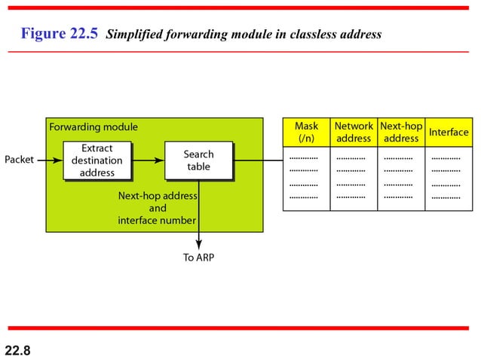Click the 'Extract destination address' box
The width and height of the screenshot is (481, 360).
[97, 160]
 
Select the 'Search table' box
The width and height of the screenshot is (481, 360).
[198, 160]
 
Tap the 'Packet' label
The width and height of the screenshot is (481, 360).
[19, 160]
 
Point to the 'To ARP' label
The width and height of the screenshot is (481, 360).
[199, 258]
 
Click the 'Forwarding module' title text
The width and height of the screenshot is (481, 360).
[93, 127]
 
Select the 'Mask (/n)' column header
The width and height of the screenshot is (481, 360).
[306, 133]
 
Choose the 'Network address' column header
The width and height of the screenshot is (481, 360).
[354, 133]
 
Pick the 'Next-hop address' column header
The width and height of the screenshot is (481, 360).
[400, 133]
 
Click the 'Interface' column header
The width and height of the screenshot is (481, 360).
[449, 133]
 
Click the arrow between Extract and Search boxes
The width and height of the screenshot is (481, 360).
[149, 160]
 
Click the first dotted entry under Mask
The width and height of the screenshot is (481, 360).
[303, 159]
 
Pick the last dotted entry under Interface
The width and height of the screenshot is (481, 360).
[446, 197]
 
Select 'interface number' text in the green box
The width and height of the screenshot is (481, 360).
[157, 221]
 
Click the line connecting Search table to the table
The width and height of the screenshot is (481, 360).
[257, 160]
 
